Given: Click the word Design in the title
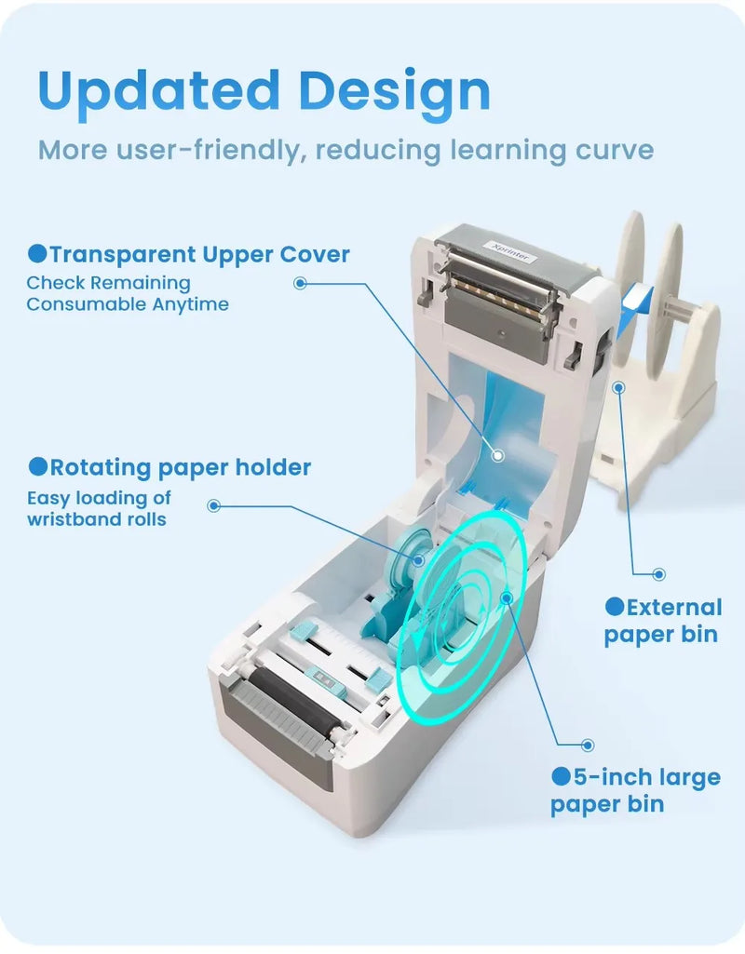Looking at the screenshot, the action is (394, 91).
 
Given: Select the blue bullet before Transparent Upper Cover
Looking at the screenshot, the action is (37, 254).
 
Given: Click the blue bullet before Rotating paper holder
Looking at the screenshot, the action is (38, 466).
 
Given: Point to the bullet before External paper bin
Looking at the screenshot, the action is (615, 606).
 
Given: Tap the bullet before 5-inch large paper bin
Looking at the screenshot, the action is (562, 775).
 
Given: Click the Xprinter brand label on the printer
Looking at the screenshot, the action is (510, 251).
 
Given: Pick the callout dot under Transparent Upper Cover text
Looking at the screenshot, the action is (300, 283).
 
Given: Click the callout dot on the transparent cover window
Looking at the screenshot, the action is (498, 455).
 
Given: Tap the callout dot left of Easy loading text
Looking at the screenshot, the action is (213, 505).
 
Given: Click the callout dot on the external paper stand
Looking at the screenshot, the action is (619, 387).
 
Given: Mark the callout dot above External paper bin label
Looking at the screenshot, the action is (658, 573).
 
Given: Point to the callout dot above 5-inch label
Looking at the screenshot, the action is (588, 745).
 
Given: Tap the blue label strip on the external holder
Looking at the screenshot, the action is (633, 308).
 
